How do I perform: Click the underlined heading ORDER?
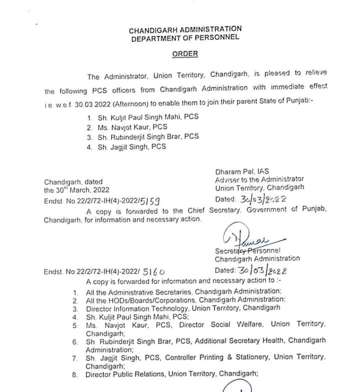185,54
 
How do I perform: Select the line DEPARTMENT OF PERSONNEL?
185,38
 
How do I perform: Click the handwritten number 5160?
154,271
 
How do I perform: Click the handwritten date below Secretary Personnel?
264,270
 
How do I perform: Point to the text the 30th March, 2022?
76,190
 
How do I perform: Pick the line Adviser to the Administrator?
259,179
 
